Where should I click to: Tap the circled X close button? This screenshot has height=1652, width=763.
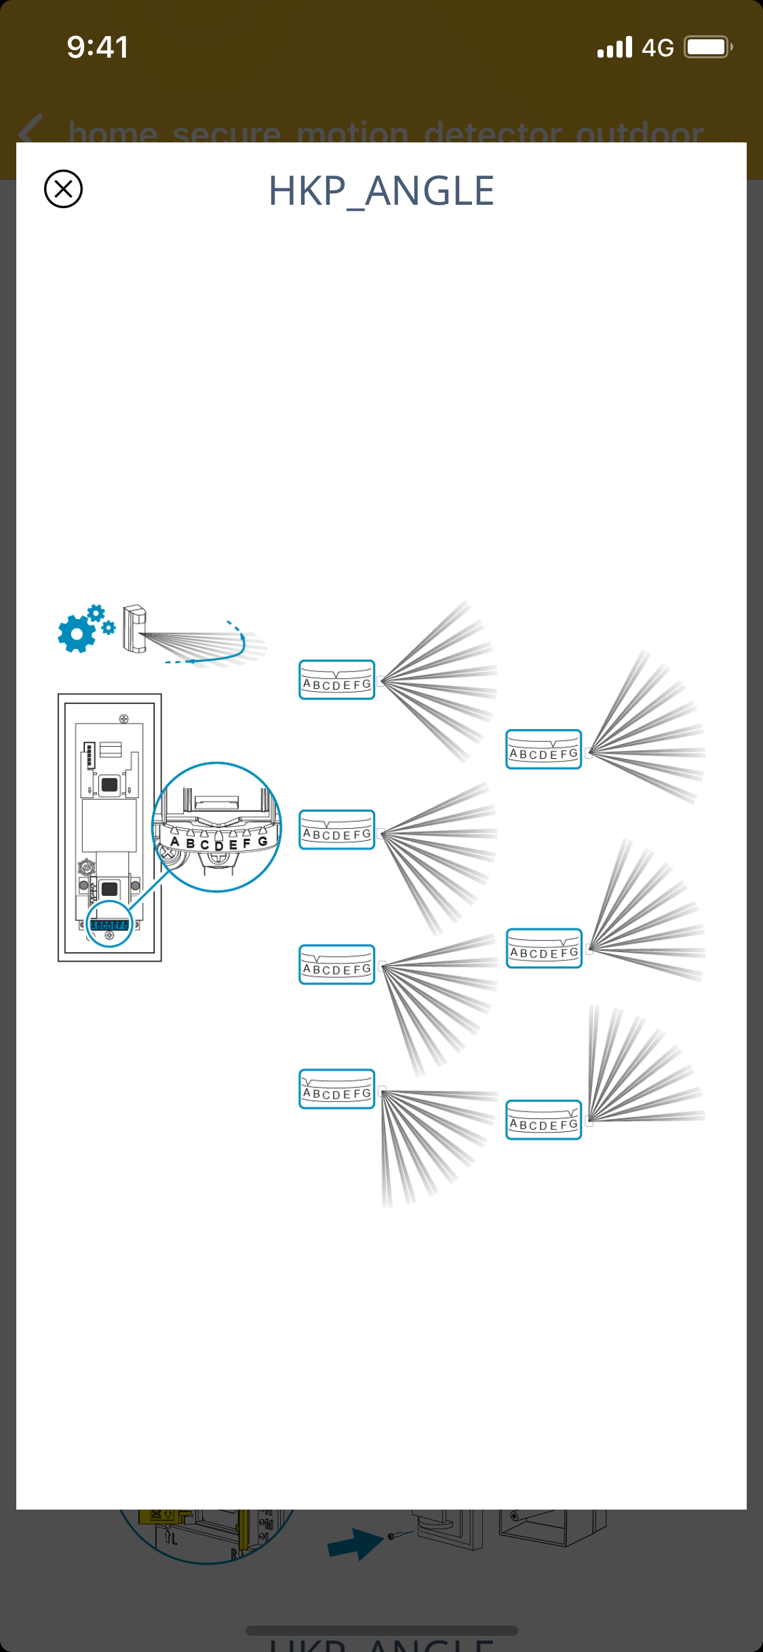(63, 189)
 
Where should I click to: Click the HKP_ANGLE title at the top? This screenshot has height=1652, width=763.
(381, 191)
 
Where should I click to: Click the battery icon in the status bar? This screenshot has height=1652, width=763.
(707, 47)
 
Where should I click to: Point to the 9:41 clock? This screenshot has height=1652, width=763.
(98, 47)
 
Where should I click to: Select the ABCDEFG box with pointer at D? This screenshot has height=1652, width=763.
(336, 680)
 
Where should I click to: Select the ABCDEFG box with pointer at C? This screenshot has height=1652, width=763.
(336, 829)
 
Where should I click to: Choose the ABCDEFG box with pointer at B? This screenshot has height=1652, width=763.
(336, 964)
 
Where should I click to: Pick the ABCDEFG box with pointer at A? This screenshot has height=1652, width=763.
(336, 1088)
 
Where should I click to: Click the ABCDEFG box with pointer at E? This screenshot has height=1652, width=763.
(543, 749)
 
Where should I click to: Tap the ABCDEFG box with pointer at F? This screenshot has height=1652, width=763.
(544, 948)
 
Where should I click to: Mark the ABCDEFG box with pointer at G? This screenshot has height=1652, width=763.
(543, 1120)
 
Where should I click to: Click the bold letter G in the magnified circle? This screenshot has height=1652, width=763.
(262, 841)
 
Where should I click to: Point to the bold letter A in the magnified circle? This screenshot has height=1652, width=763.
(175, 842)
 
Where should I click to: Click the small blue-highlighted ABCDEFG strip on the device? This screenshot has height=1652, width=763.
(109, 925)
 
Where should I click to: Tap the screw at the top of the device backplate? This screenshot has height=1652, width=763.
(123, 719)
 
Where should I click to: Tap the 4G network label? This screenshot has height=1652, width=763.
(657, 48)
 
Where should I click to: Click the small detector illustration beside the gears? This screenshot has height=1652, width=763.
(134, 629)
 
